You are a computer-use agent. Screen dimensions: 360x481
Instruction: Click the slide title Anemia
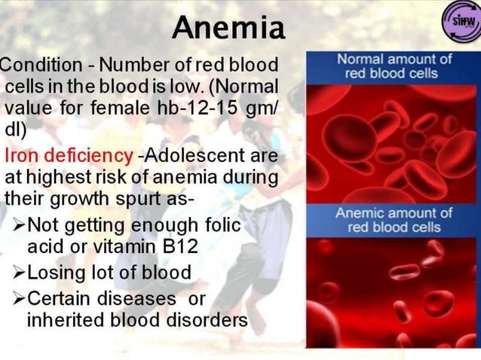pyautogui.click(x=228, y=28)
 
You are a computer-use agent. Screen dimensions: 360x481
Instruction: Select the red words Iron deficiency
pyautogui.click(x=69, y=156)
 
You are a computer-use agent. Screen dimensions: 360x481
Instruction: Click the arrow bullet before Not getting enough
pyautogui.click(x=18, y=225)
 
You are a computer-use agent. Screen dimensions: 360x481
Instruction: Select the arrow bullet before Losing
pyautogui.click(x=18, y=272)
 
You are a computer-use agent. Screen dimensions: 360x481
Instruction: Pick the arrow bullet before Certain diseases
pyautogui.click(x=18, y=298)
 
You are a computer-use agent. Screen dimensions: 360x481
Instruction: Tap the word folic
pyautogui.click(x=223, y=225)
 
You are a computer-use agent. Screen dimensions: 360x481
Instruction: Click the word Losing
pyautogui.click(x=57, y=272)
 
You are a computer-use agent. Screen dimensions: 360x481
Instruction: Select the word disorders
pyautogui.click(x=210, y=320)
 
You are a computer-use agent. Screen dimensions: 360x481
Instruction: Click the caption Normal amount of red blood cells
pyautogui.click(x=394, y=66)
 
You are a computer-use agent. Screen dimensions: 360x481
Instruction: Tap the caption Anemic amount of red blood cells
pyautogui.click(x=394, y=220)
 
